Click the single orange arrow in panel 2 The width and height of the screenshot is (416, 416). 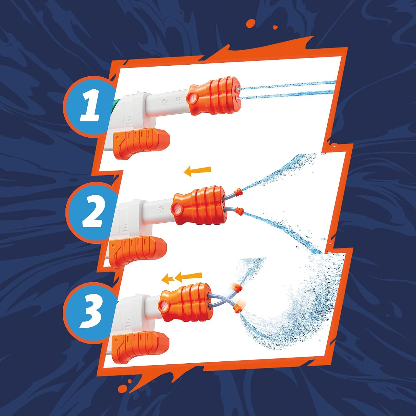click(197, 171)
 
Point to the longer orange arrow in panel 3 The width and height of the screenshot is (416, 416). click(189, 276)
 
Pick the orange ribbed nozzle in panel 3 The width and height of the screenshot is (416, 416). click(184, 302)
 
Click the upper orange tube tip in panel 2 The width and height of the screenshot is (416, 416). click(238, 191)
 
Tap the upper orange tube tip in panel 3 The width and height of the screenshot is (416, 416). click(237, 288)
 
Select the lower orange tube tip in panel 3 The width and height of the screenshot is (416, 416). click(237, 307)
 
